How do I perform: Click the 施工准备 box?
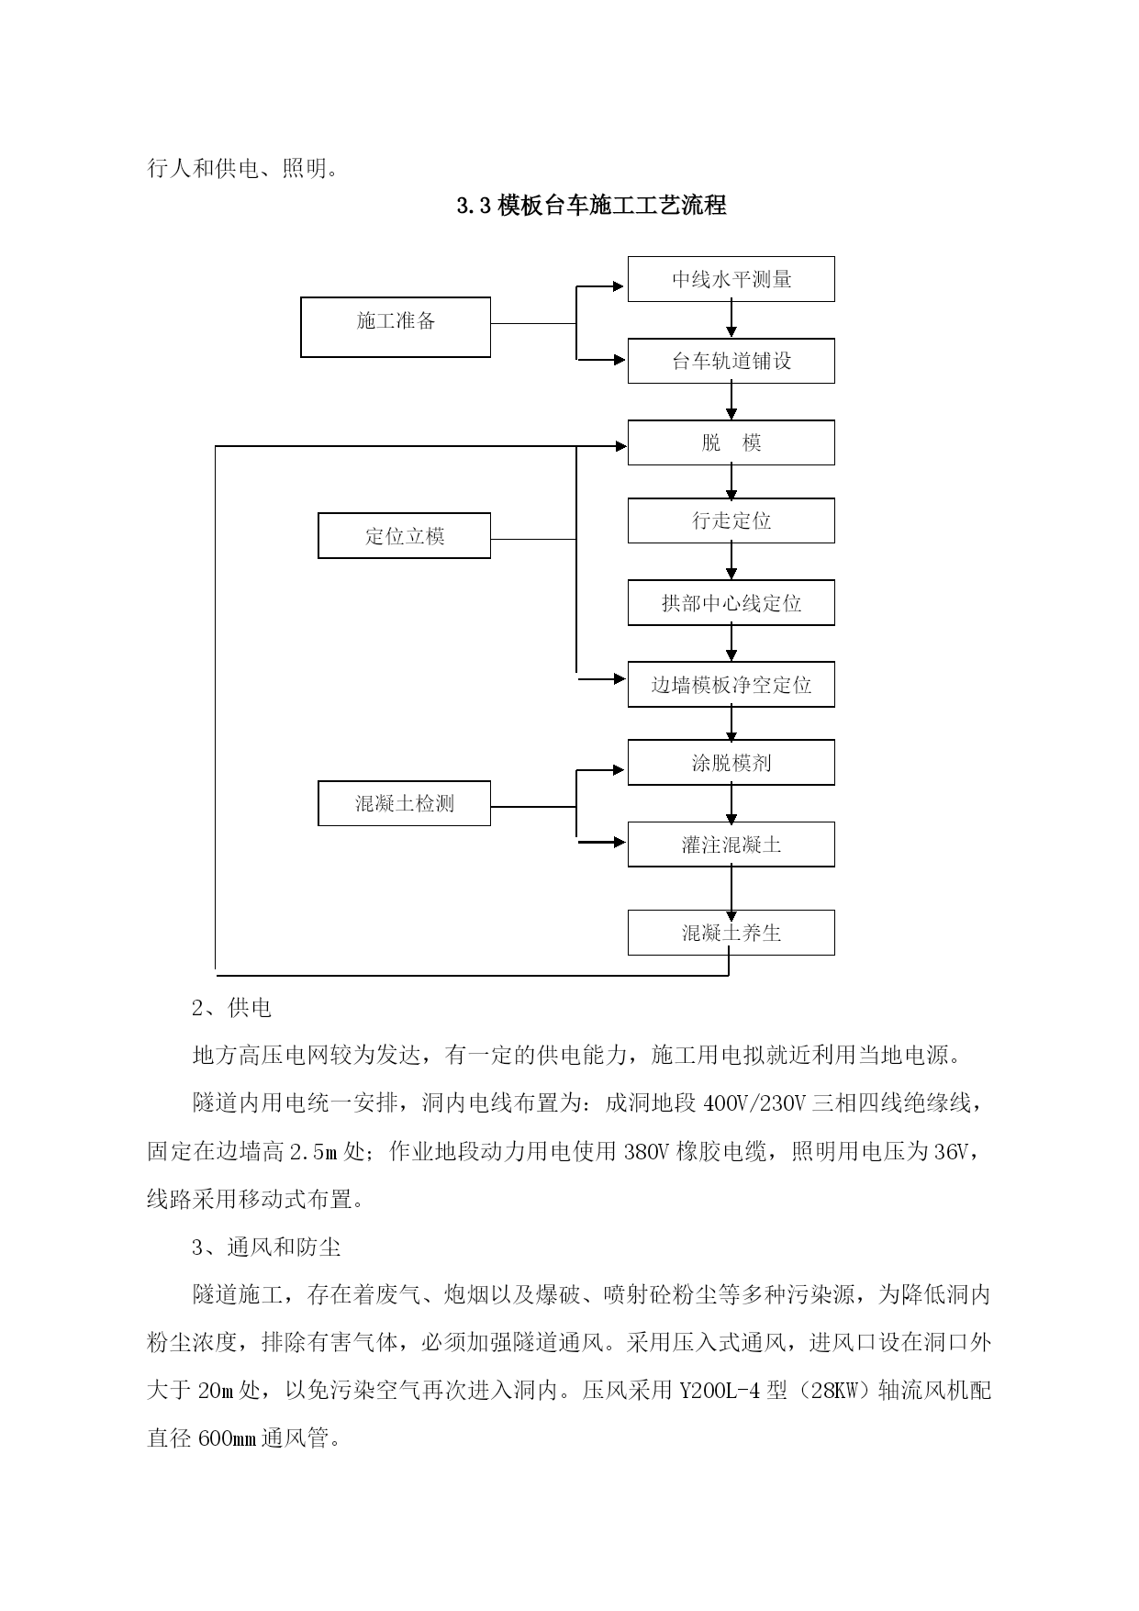[396, 327]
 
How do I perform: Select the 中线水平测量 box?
[731, 279]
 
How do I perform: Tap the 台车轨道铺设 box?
[731, 361]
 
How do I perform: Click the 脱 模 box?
[731, 442]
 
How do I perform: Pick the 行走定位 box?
[731, 520]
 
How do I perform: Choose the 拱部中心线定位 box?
[731, 603]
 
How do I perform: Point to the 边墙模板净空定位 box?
[731, 685]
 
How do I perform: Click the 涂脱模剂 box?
[731, 763]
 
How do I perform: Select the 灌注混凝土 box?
[731, 845]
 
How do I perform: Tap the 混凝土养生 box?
[731, 933]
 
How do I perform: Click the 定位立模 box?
[404, 535]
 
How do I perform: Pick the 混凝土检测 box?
[404, 803]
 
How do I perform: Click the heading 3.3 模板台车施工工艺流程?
[592, 206]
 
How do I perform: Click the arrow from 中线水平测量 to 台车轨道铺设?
[731, 319]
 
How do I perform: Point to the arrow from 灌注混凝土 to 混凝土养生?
[731, 889]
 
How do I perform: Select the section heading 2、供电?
[232, 1008]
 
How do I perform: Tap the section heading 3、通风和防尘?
[266, 1247]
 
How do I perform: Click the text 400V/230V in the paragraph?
[754, 1103]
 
